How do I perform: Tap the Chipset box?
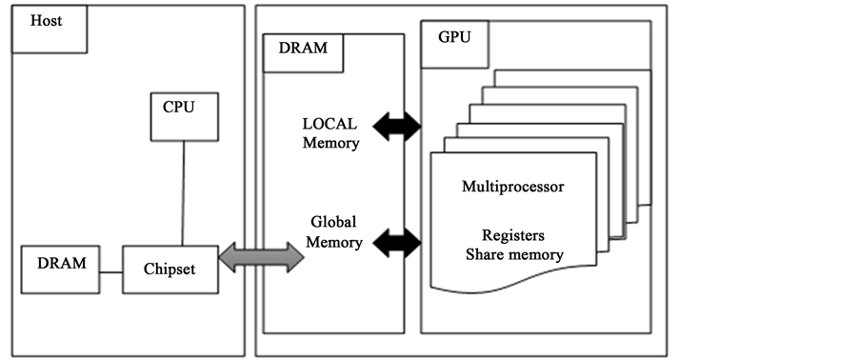click(170, 270)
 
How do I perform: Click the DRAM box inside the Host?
click(61, 270)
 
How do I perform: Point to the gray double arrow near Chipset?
click(261, 257)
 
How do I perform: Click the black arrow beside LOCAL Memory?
click(396, 125)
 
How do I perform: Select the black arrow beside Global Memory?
click(396, 244)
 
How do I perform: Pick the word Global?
click(333, 222)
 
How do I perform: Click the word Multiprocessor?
click(512, 187)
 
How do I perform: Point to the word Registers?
click(513, 235)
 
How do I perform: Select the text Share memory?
click(513, 254)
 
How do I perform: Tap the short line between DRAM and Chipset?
click(110, 271)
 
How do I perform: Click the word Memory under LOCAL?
click(330, 144)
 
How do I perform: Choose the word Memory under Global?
click(333, 242)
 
